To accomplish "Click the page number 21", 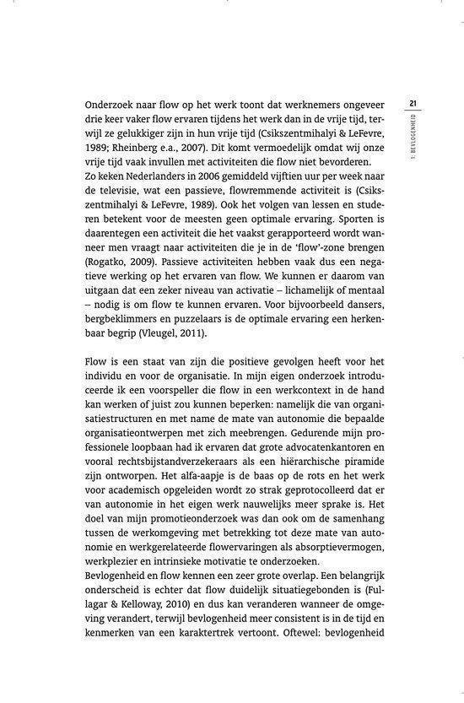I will click(413, 104).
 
